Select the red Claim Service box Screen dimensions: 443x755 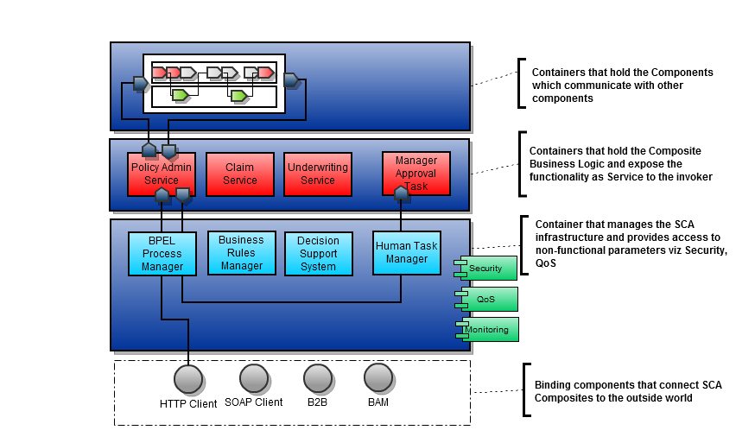[240, 174]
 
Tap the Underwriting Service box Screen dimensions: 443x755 [317, 174]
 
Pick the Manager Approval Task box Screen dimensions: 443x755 [416, 174]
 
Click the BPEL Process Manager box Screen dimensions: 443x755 [162, 254]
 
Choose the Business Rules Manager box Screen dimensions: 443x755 [242, 253]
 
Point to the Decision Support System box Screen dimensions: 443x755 [318, 254]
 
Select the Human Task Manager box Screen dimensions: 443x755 [406, 252]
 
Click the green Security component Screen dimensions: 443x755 [488, 268]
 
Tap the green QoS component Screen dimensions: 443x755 [488, 299]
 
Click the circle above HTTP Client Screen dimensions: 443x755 [188, 379]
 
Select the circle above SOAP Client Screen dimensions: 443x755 [254, 378]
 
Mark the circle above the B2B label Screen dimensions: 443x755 [318, 378]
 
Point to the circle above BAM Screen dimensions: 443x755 [378, 377]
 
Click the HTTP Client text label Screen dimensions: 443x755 [188, 403]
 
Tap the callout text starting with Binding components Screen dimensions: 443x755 [628, 391]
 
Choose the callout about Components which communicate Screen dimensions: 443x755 [610, 85]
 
